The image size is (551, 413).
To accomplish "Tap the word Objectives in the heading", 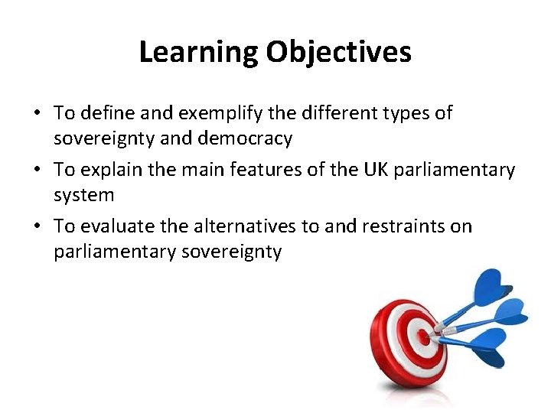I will tap(338, 52).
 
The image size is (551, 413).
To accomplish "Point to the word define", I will tap(104, 113).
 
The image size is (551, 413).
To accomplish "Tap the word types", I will tap(406, 113).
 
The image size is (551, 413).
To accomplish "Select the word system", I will tap(83, 195).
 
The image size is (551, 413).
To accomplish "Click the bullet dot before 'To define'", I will tap(37, 113).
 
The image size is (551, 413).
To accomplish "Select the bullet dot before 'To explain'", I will tap(37, 169).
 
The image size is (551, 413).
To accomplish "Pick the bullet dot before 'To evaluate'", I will tap(37, 226).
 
